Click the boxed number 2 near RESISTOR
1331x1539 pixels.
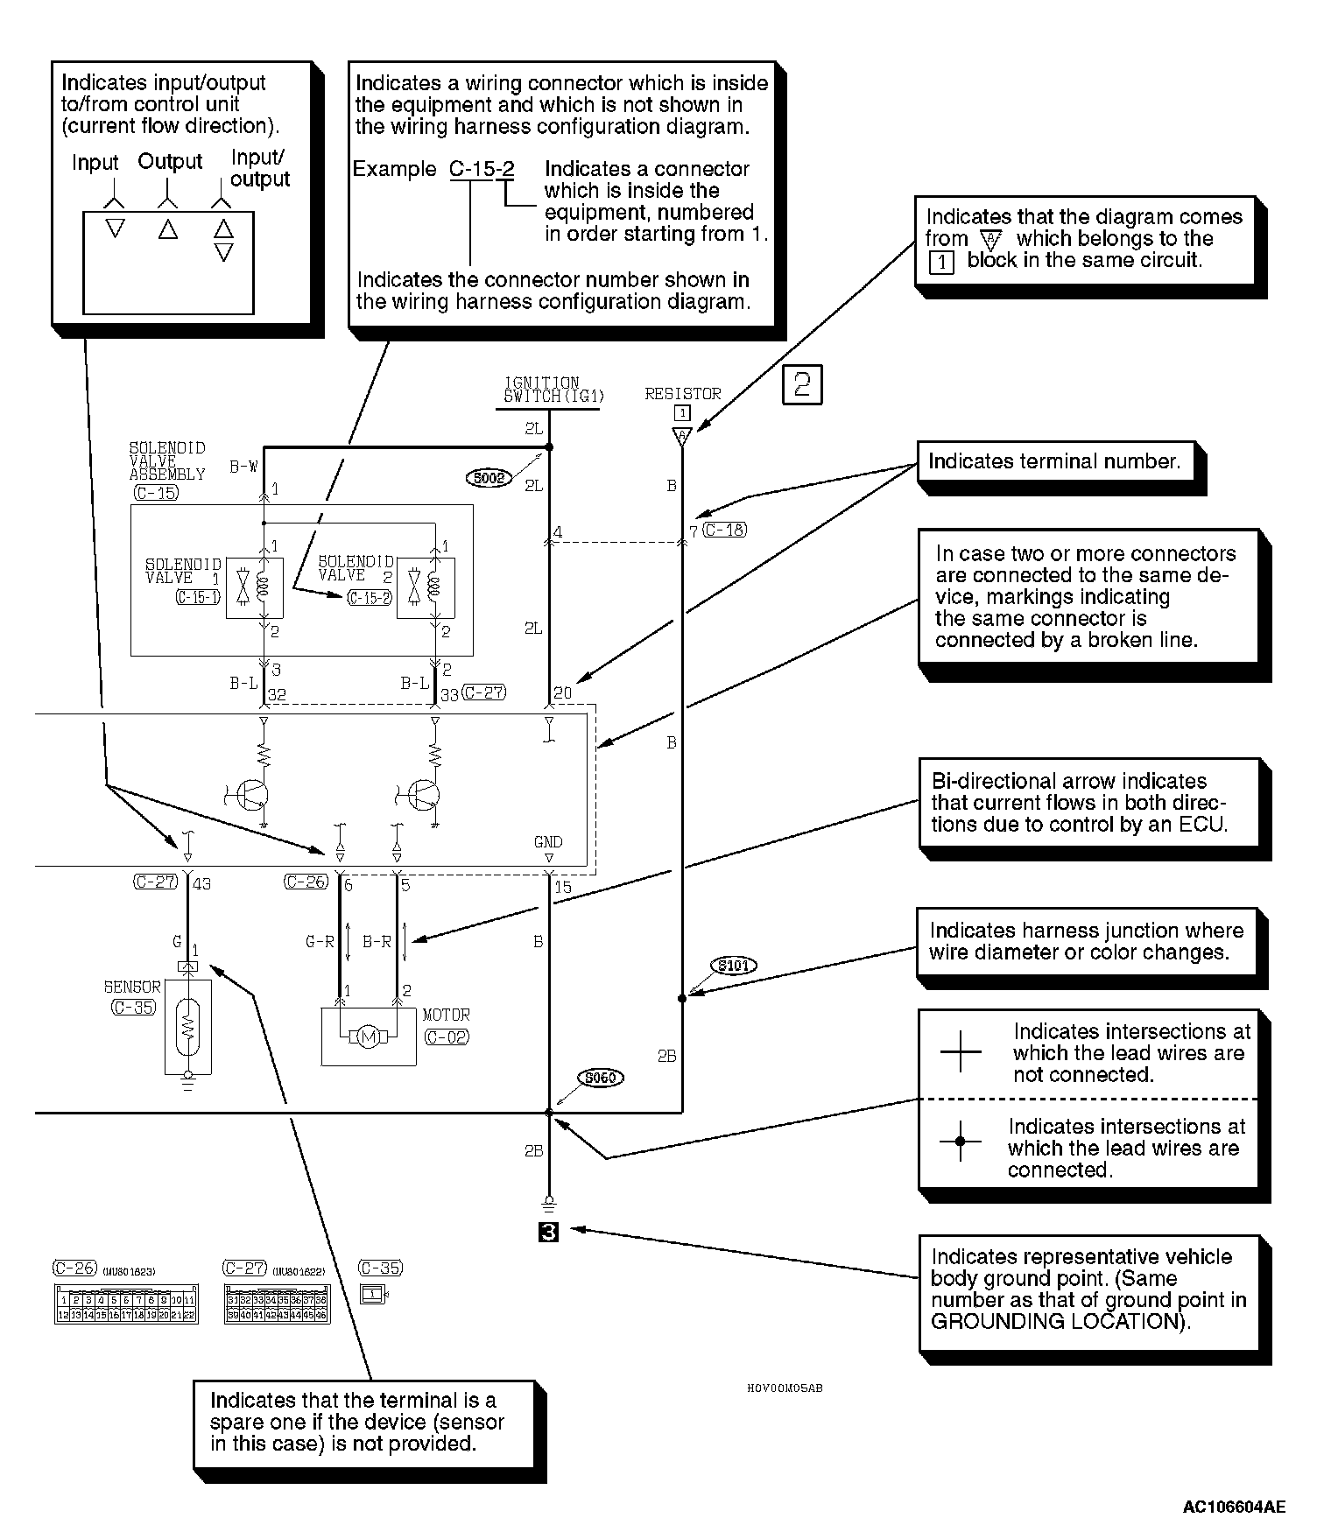coord(802,385)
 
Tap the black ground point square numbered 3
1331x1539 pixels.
coord(549,1232)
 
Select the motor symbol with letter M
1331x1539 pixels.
coord(369,1037)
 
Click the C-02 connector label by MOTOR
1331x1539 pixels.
coord(447,1037)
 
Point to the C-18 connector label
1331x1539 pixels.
coord(725,530)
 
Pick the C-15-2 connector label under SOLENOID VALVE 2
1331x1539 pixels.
coord(370,598)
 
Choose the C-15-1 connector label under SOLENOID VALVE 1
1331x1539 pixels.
coord(198,598)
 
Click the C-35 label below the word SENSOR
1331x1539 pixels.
coord(134,1007)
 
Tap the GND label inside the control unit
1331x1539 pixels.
coord(548,842)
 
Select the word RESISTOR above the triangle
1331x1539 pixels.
coord(683,394)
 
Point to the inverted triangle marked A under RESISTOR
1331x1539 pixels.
coord(682,436)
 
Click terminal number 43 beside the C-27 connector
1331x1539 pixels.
coord(201,884)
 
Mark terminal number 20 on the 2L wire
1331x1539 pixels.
coord(563,693)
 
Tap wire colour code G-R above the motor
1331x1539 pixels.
coord(320,942)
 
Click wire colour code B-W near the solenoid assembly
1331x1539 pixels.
coord(244,467)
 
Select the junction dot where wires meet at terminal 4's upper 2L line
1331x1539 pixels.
coord(549,447)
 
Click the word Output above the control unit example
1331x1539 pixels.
coord(170,162)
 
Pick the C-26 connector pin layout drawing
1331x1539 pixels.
coord(126,1304)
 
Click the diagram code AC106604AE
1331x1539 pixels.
coord(1234,1507)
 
